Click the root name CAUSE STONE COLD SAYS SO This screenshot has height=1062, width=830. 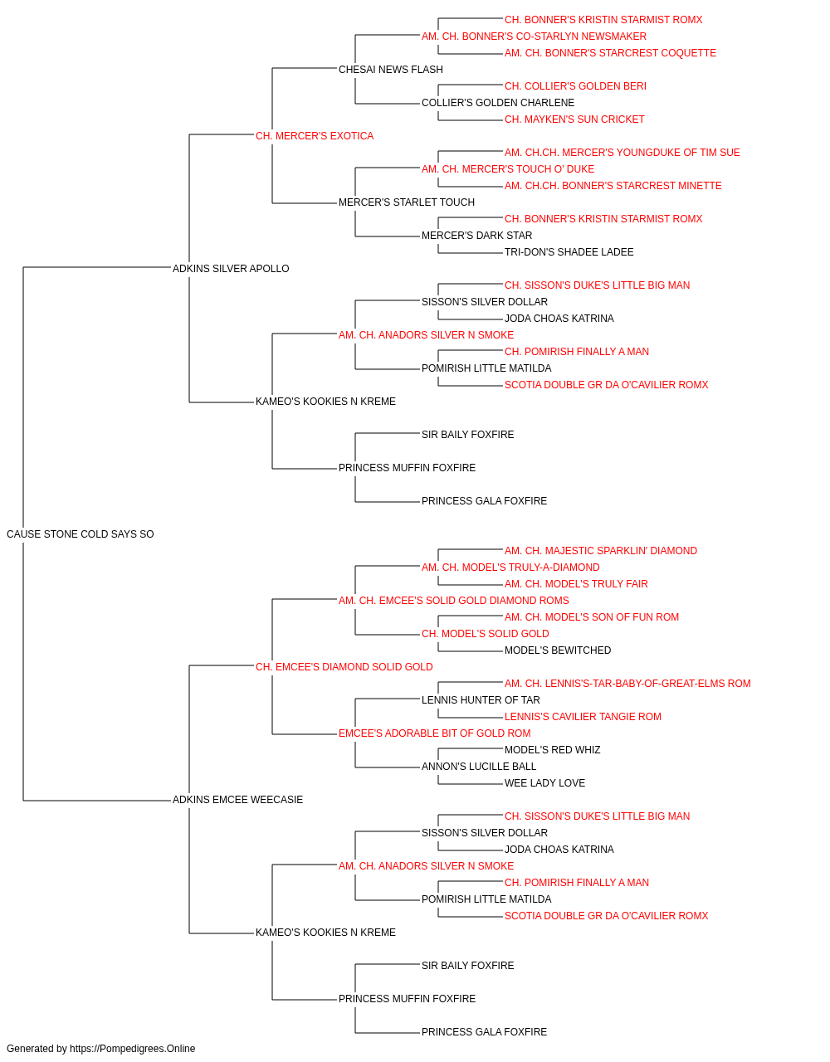point(81,534)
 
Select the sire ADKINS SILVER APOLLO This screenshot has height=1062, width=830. point(231,269)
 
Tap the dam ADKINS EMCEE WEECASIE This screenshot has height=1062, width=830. point(237,800)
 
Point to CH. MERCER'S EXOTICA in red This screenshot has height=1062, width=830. point(315,136)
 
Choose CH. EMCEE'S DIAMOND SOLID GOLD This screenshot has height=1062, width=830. point(344,667)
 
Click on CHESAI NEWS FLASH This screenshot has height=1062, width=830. point(391,70)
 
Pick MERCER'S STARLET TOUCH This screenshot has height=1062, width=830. point(406,202)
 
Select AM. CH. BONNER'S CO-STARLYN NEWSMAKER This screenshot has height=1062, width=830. point(534,37)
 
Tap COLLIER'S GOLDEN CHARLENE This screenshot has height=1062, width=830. point(498,103)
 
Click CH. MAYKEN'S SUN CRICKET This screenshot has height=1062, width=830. point(574,119)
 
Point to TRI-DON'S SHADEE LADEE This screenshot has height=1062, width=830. point(569,252)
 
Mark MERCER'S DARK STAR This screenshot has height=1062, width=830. point(476,236)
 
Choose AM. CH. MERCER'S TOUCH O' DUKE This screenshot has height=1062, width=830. point(508,169)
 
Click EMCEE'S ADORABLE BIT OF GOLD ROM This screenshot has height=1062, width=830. point(435,733)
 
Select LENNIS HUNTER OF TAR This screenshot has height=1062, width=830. point(481,700)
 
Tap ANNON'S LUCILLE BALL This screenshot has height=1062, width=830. point(479,767)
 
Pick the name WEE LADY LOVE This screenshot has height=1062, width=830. point(544,783)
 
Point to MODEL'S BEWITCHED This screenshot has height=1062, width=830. point(558,650)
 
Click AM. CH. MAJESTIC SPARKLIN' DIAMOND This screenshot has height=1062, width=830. point(601,551)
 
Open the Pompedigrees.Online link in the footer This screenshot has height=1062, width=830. point(132,1049)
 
